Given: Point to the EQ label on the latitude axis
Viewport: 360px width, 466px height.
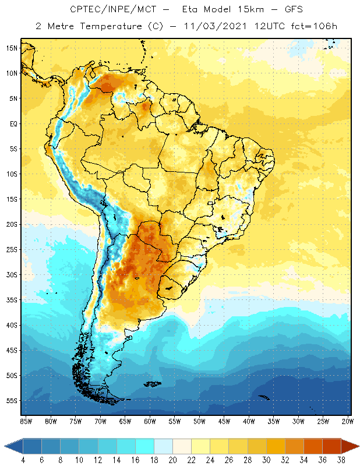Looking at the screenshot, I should (12, 123).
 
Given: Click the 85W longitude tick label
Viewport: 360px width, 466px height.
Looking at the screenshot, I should (26, 421).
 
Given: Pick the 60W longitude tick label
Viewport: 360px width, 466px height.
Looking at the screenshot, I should (150, 421).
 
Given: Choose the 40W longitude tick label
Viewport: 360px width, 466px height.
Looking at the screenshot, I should (250, 421).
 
